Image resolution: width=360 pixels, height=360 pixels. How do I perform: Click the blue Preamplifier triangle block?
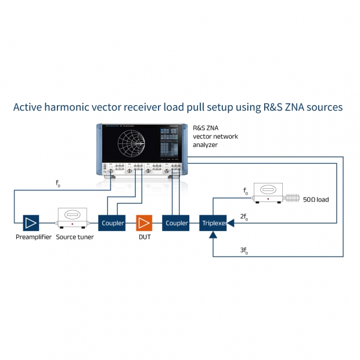(31, 222)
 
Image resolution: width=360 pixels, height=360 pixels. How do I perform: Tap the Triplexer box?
(214, 222)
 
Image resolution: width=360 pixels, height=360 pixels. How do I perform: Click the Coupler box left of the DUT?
(113, 222)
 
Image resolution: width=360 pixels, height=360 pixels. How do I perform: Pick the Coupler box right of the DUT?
(177, 222)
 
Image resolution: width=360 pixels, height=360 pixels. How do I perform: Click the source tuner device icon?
(71, 219)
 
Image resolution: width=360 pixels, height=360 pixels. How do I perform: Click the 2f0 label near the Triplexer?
(244, 216)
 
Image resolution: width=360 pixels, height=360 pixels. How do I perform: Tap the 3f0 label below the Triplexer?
(244, 251)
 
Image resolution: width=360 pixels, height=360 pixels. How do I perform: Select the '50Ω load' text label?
(316, 200)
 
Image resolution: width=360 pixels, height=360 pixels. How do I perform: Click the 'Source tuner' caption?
(75, 237)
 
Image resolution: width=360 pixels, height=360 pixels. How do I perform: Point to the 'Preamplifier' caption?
(34, 237)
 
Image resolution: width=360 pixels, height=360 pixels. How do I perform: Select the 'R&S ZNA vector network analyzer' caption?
(215, 136)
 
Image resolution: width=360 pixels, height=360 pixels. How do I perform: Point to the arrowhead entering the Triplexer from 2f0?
(231, 222)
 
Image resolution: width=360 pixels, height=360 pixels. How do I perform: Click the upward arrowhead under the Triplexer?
(214, 235)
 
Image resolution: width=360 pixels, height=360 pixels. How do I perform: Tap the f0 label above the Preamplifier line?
(57, 184)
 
